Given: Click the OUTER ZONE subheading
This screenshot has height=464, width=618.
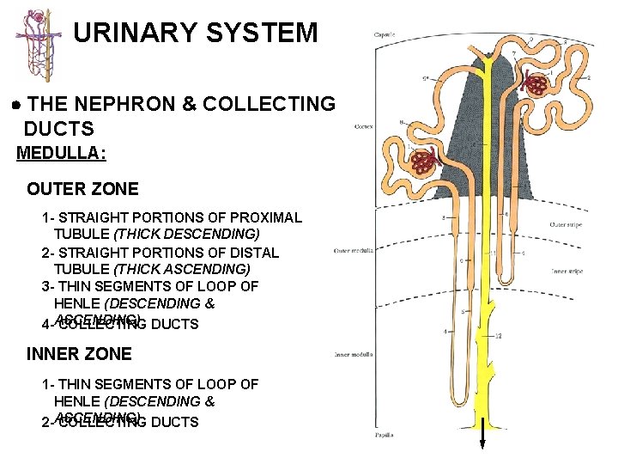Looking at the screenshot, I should pyautogui.click(x=82, y=189).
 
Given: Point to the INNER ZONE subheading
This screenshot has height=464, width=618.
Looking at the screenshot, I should pyautogui.click(x=79, y=354).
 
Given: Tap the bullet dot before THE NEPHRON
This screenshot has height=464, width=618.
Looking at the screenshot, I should pyautogui.click(x=17, y=104).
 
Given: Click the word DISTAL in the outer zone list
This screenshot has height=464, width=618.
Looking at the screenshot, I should pyautogui.click(x=255, y=253).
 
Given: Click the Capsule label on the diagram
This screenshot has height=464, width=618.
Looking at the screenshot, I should pyautogui.click(x=384, y=35).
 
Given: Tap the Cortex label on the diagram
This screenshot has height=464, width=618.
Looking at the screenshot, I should pyautogui.click(x=363, y=126).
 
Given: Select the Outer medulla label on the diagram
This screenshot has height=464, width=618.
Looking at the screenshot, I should pyautogui.click(x=352, y=251).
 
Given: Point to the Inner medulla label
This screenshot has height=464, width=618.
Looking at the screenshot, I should pyautogui.click(x=351, y=354).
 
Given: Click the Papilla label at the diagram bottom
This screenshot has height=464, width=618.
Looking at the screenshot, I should pyautogui.click(x=384, y=436).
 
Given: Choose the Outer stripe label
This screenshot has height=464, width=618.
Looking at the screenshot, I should pyautogui.click(x=566, y=225).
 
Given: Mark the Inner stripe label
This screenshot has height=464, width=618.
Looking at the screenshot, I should pyautogui.click(x=566, y=272).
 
